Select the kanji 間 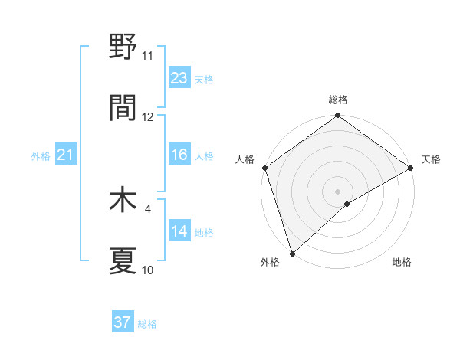(123, 108)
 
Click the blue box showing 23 (179, 77)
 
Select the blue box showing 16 (179, 155)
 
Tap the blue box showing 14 (179, 231)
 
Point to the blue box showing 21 (65, 155)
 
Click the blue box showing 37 (123, 322)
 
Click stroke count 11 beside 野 (148, 56)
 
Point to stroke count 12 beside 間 (148, 117)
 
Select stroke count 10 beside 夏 (148, 270)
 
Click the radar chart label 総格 (338, 100)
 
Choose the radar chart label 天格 (431, 159)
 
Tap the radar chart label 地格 (402, 262)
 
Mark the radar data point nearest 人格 (264, 168)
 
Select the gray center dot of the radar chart (338, 191)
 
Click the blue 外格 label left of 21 (41, 156)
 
